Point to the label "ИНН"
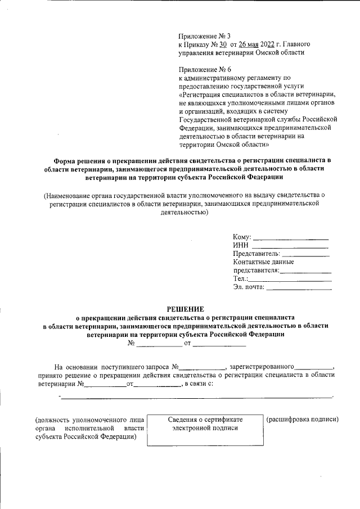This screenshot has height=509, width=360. (x=240, y=245)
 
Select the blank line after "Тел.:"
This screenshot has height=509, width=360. (x=290, y=279)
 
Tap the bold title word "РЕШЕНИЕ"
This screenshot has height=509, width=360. (x=186, y=308)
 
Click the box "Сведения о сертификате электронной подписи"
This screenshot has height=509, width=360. (x=204, y=431)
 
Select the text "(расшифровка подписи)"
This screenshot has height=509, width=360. (x=302, y=420)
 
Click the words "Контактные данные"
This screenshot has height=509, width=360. (x=263, y=262)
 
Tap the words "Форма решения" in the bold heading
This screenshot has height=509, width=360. (x=80, y=159)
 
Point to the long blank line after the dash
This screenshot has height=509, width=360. (x=196, y=398)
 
